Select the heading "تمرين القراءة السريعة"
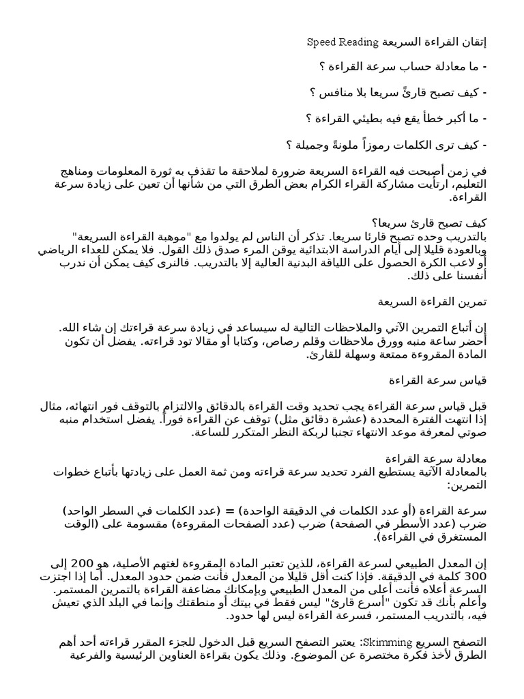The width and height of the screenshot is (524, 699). pos(433,301)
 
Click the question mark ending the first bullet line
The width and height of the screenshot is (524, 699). pos(321,66)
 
